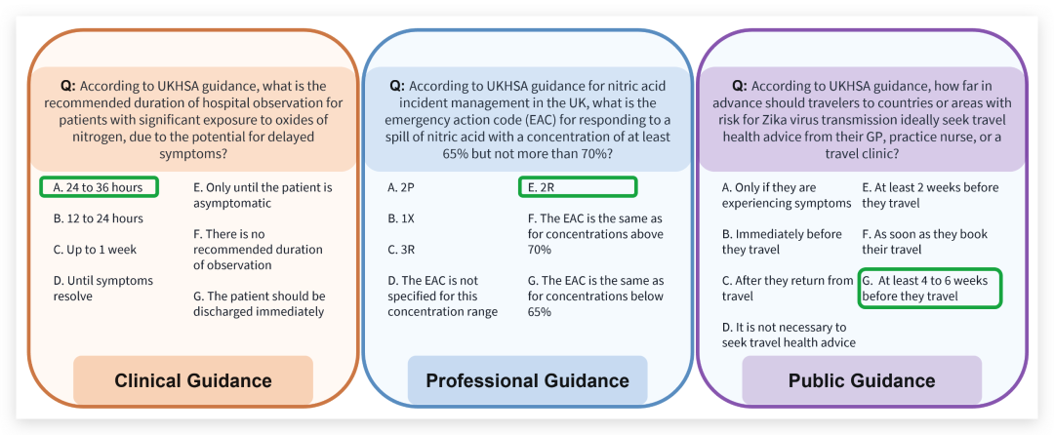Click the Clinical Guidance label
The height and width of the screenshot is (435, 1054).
click(x=192, y=380)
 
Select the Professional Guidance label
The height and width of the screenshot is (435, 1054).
click(x=527, y=380)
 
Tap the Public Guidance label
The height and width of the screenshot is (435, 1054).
click(x=862, y=380)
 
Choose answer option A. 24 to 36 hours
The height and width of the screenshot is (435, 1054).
click(x=99, y=187)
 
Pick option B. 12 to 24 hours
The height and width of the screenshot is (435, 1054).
click(x=99, y=218)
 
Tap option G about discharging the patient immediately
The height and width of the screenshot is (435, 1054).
click(x=259, y=303)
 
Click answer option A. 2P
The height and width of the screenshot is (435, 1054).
click(x=400, y=187)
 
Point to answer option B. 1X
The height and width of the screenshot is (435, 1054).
click(x=400, y=218)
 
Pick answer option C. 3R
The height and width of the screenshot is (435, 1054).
click(x=400, y=250)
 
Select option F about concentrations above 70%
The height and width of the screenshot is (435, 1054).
click(x=594, y=234)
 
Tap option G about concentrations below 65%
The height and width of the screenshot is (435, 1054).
click(x=594, y=296)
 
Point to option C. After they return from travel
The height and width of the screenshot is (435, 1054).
click(x=788, y=288)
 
